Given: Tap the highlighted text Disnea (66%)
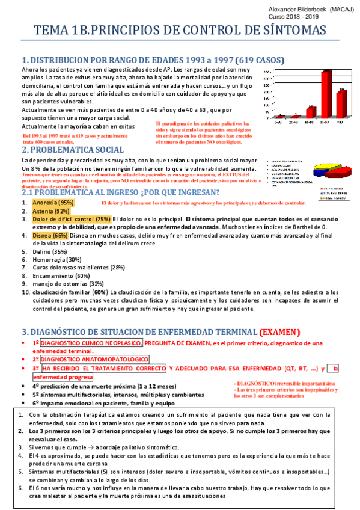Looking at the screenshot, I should [50, 235].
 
